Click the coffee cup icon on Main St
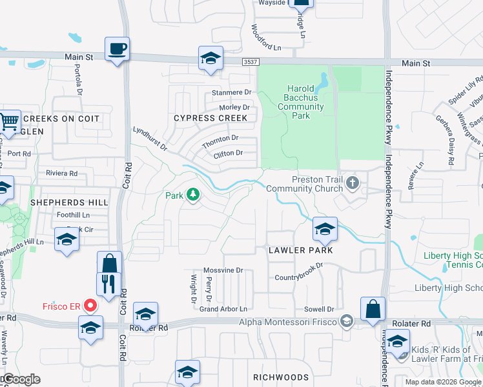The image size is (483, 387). coord(117,49)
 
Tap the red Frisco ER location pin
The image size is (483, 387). coord(90,305)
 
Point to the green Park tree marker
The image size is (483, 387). coord(192,194)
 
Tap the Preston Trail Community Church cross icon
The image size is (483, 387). coord(352,183)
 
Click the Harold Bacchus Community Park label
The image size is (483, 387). coord(300,102)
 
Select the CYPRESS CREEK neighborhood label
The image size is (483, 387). coord(211,118)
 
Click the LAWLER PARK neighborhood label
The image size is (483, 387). coord(301,250)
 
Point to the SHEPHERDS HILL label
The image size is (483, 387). coord(68,203)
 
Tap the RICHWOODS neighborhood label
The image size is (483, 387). coord(281,377)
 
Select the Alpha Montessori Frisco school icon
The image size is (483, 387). coord(347,321)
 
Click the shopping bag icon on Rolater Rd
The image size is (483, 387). coord(373,310)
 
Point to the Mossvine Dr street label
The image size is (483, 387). coord(222,271)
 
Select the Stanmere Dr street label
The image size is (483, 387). coord(231,93)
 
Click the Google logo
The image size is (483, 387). coord(21,380)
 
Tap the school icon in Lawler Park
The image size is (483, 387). coord(325,228)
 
